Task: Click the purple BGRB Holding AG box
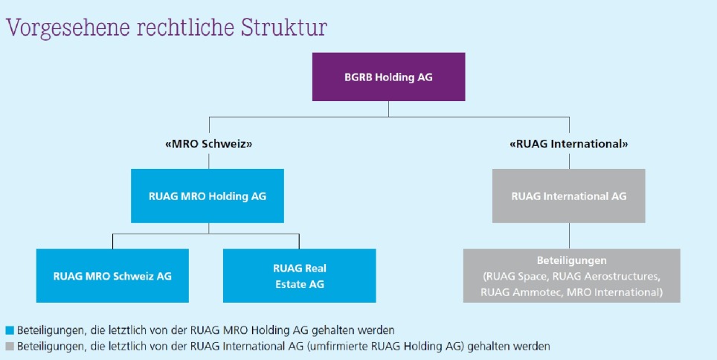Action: coord(388,77)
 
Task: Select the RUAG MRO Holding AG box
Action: coord(208,196)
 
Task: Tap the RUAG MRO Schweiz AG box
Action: coord(112,276)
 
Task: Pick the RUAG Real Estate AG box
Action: coord(299,276)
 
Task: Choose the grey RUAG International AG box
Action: coord(568,196)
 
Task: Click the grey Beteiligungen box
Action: coord(571,276)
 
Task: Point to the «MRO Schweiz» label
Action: coord(208,143)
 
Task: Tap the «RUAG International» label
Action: coord(569,143)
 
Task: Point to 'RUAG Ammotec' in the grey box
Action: coord(513,292)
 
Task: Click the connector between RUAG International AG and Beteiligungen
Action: coord(569,236)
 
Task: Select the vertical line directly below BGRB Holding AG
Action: coord(388,109)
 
